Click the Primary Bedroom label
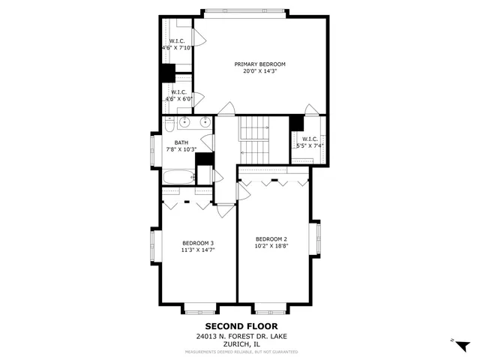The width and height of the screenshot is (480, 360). [259, 64]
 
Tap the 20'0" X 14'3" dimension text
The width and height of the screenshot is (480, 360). [259, 73]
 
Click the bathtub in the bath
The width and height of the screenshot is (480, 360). [177, 178]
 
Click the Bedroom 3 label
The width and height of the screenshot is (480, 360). [198, 243]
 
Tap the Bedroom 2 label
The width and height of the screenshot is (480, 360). [271, 239]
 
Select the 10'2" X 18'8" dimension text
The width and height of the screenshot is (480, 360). [271, 247]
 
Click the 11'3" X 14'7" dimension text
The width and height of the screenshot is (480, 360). [198, 250]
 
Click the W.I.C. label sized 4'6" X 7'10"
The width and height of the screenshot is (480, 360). [177, 40]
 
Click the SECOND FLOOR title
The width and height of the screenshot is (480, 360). [237, 326]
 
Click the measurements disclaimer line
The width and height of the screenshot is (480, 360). [237, 352]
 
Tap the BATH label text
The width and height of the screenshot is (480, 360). [181, 142]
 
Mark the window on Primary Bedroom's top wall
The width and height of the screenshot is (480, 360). [244, 11]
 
